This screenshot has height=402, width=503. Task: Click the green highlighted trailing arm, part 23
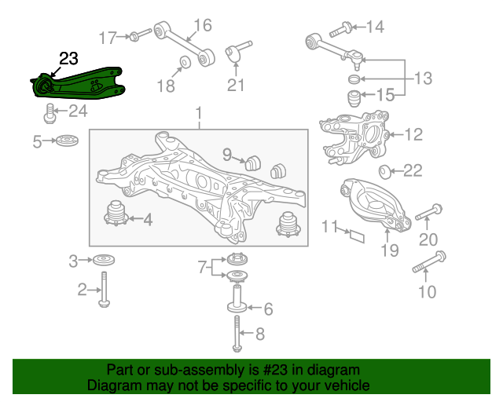click(x=79, y=84)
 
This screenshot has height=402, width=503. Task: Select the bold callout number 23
click(x=68, y=59)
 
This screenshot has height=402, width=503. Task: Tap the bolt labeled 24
click(x=50, y=113)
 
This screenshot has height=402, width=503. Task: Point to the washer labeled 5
click(x=67, y=141)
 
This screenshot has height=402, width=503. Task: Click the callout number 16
click(x=203, y=25)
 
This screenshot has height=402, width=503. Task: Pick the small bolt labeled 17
click(x=141, y=35)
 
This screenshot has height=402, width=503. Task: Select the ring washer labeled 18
click(x=185, y=62)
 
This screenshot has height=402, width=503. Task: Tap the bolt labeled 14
click(x=341, y=29)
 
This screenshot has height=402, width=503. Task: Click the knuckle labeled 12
click(x=354, y=137)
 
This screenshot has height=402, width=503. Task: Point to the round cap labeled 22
click(x=384, y=172)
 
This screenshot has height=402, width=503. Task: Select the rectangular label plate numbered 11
click(x=357, y=236)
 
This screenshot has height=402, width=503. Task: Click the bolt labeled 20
click(x=429, y=212)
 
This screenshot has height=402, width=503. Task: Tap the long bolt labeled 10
click(x=429, y=261)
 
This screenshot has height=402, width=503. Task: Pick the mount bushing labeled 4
click(x=116, y=214)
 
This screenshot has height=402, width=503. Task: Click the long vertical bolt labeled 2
click(x=104, y=290)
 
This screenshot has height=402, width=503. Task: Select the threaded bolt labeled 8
click(x=237, y=334)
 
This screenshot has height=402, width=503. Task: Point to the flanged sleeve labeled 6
click(x=237, y=298)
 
